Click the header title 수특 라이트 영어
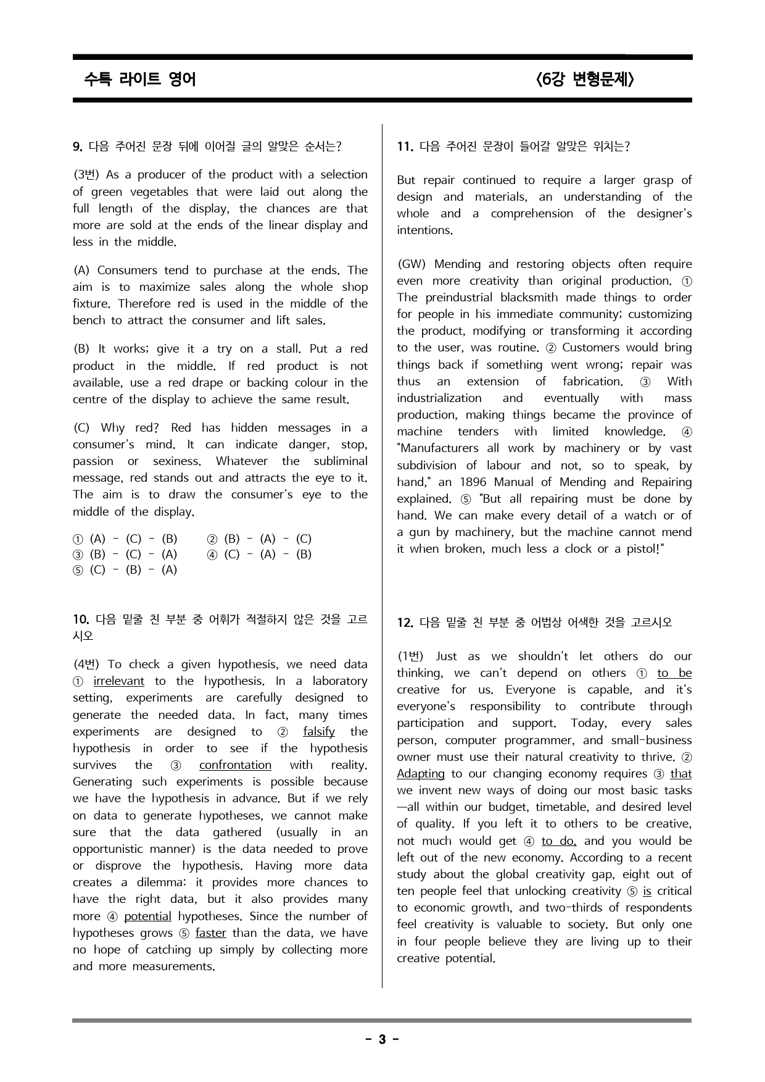pos(140,80)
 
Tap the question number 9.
pos(77,146)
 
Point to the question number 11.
pos(404,146)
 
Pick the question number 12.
pos(405,623)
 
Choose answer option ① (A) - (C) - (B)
pos(125,539)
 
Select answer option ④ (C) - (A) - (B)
pos(259,554)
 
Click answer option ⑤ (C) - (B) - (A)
pos(125,569)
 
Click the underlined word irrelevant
pos(118,681)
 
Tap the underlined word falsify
pos(319,732)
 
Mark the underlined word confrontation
pos(235,765)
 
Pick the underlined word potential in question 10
pos(147,916)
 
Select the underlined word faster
pos(211,933)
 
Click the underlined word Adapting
pos(421,774)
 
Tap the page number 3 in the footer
pos(382,1039)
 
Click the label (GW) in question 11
pos(411,264)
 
